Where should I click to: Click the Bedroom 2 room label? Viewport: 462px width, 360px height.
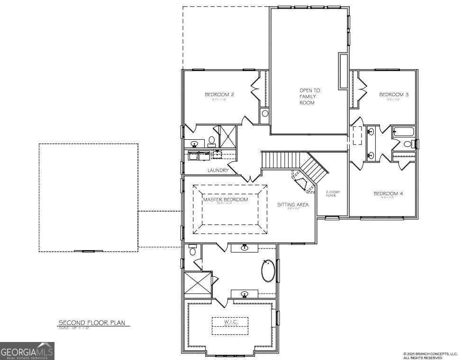[x=219, y=95]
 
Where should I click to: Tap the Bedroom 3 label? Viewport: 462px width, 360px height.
[x=394, y=95]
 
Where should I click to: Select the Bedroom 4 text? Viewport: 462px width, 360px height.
[x=388, y=194]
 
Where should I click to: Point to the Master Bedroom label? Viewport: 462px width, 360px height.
[x=226, y=200]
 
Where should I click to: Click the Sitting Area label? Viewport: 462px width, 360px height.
[x=293, y=205]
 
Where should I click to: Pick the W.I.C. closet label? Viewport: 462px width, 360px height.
[x=229, y=323]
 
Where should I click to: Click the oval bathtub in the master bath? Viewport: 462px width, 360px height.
[x=268, y=271]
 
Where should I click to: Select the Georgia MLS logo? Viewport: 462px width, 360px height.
[x=27, y=351]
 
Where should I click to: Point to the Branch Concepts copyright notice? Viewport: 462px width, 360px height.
[x=430, y=355]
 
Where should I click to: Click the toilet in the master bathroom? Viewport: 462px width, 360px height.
[x=192, y=251]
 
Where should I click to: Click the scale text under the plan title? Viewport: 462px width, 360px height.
[x=74, y=328]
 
